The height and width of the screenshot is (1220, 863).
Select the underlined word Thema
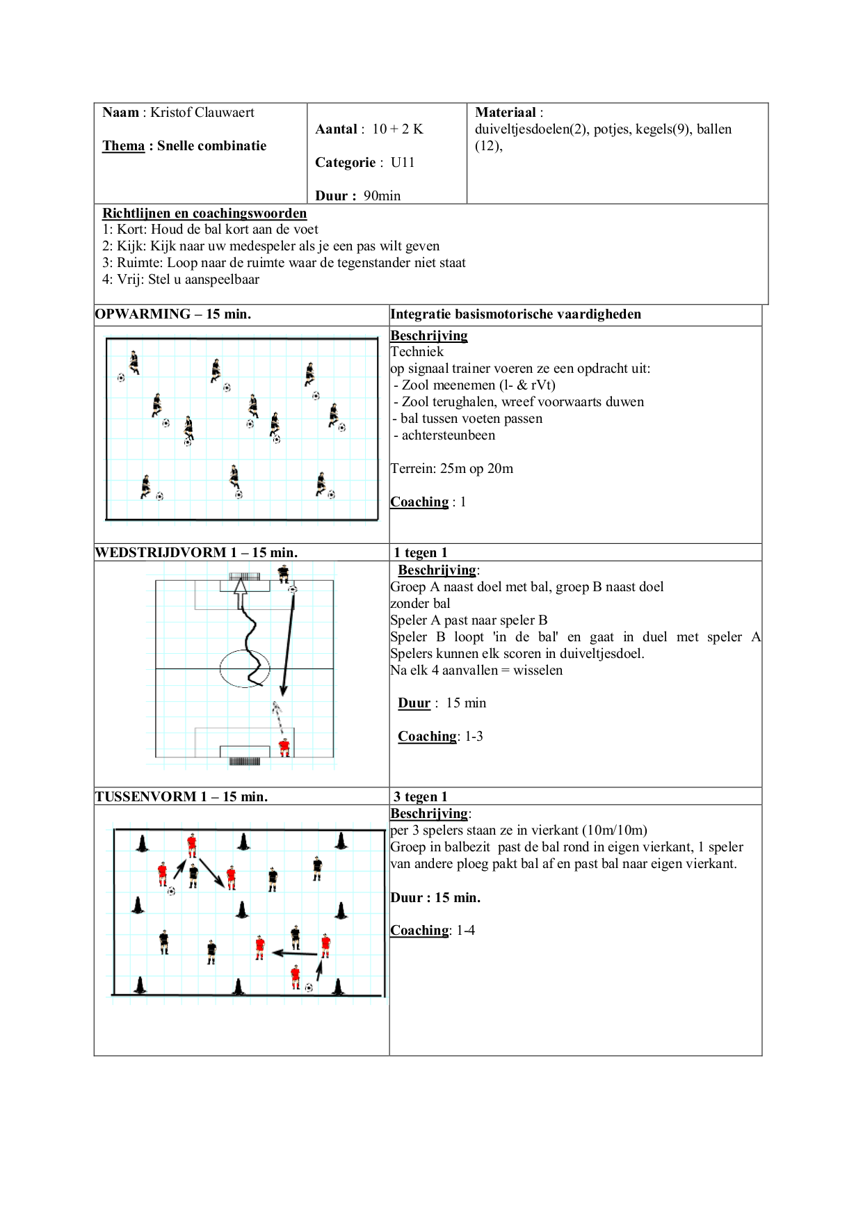(x=123, y=146)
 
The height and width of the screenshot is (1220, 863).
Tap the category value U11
(x=403, y=163)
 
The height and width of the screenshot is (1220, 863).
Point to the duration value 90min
(x=382, y=196)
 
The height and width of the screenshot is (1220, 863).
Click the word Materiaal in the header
(x=506, y=113)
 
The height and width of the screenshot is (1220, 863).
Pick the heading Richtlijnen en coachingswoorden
(x=204, y=214)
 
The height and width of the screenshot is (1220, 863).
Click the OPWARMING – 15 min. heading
(x=173, y=314)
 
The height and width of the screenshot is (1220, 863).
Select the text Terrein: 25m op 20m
(x=452, y=469)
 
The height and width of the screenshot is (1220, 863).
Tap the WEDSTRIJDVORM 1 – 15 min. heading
(x=196, y=553)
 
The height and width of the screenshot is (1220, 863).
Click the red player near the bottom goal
(x=284, y=748)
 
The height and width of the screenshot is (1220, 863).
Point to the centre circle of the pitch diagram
(x=245, y=668)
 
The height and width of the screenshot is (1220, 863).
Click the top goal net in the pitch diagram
(x=245, y=577)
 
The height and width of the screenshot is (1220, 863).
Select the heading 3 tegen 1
(x=420, y=797)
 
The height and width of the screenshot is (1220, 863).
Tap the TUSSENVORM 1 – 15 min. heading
(x=181, y=797)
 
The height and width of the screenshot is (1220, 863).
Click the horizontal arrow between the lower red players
(x=294, y=953)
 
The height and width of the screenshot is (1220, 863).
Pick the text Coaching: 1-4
(x=433, y=931)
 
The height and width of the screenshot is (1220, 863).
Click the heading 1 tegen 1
(x=420, y=553)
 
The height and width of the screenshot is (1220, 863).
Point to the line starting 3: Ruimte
(x=284, y=263)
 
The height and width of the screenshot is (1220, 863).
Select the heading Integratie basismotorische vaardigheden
(x=516, y=314)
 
